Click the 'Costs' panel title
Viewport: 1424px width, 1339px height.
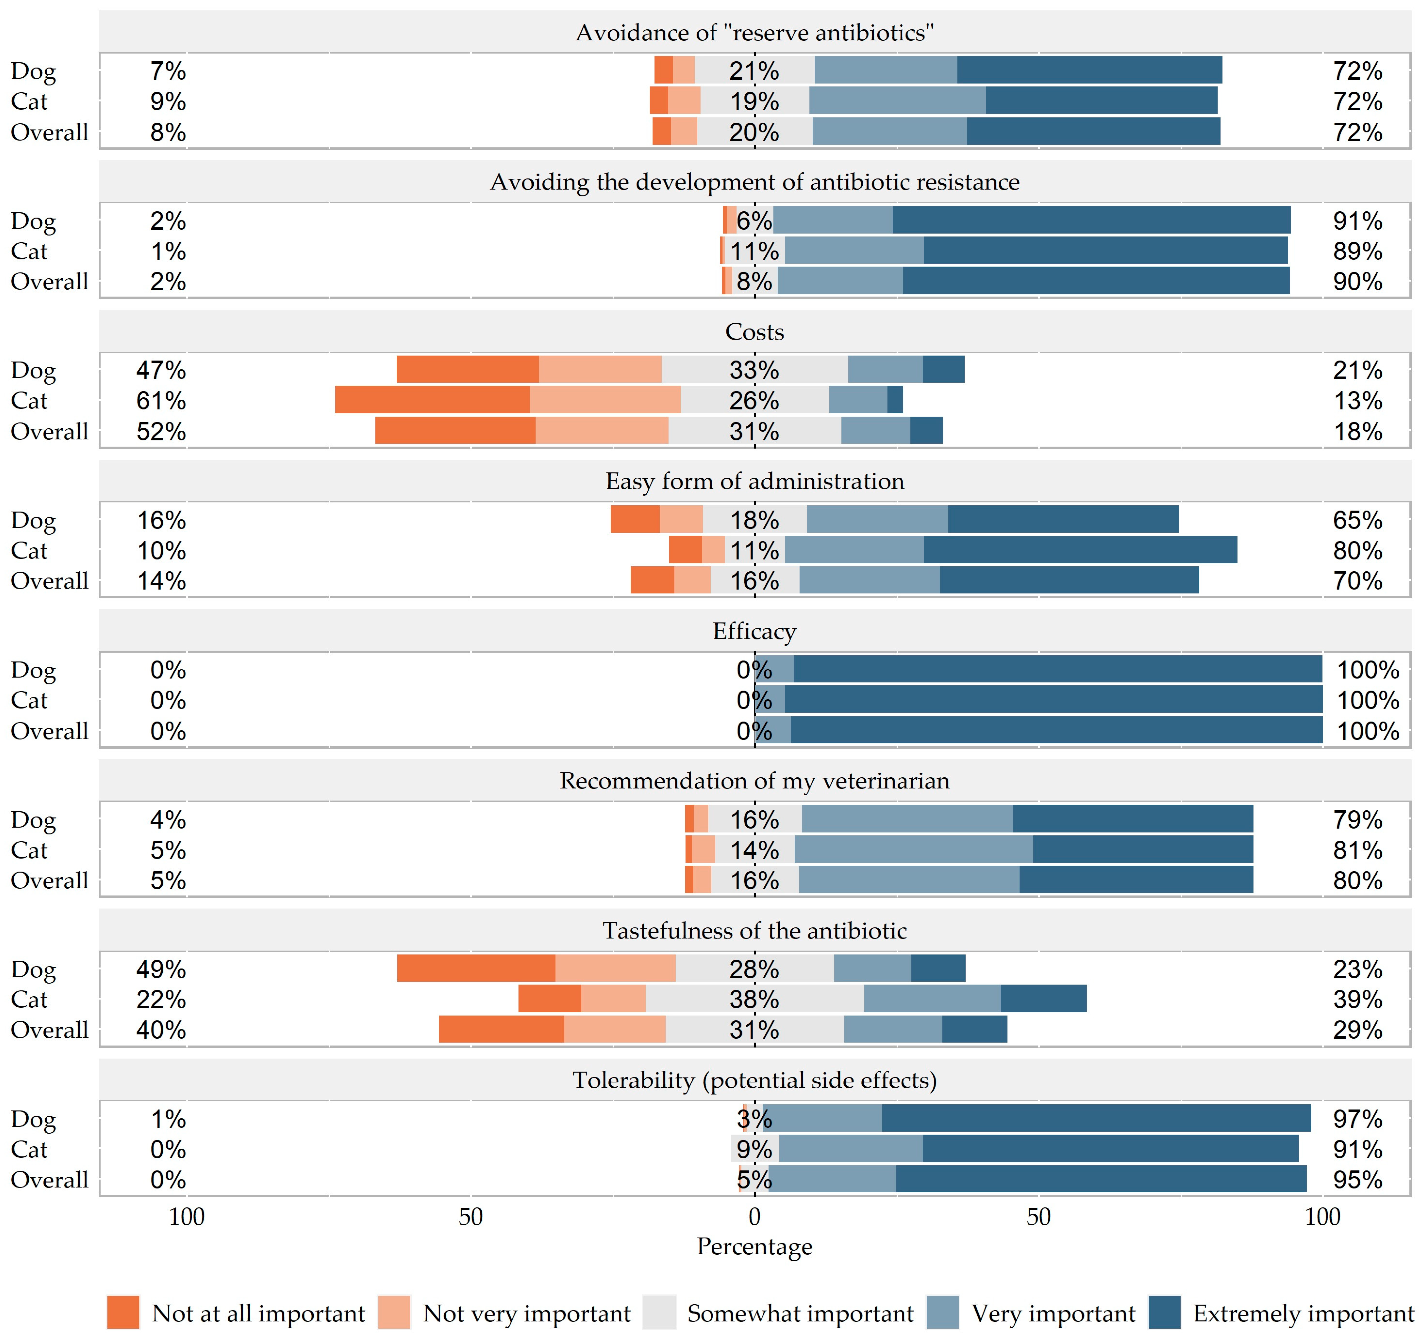click(754, 332)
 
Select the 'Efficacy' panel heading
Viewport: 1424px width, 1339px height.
click(754, 631)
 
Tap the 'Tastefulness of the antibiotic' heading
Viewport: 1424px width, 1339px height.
click(754, 931)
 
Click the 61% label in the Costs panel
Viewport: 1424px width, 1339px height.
click(161, 400)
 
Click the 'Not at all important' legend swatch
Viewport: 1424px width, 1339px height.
click(123, 1312)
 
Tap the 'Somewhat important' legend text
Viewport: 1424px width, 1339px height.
click(800, 1313)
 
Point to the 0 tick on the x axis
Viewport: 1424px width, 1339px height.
click(754, 1216)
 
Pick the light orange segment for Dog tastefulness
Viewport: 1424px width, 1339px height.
click(615, 969)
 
